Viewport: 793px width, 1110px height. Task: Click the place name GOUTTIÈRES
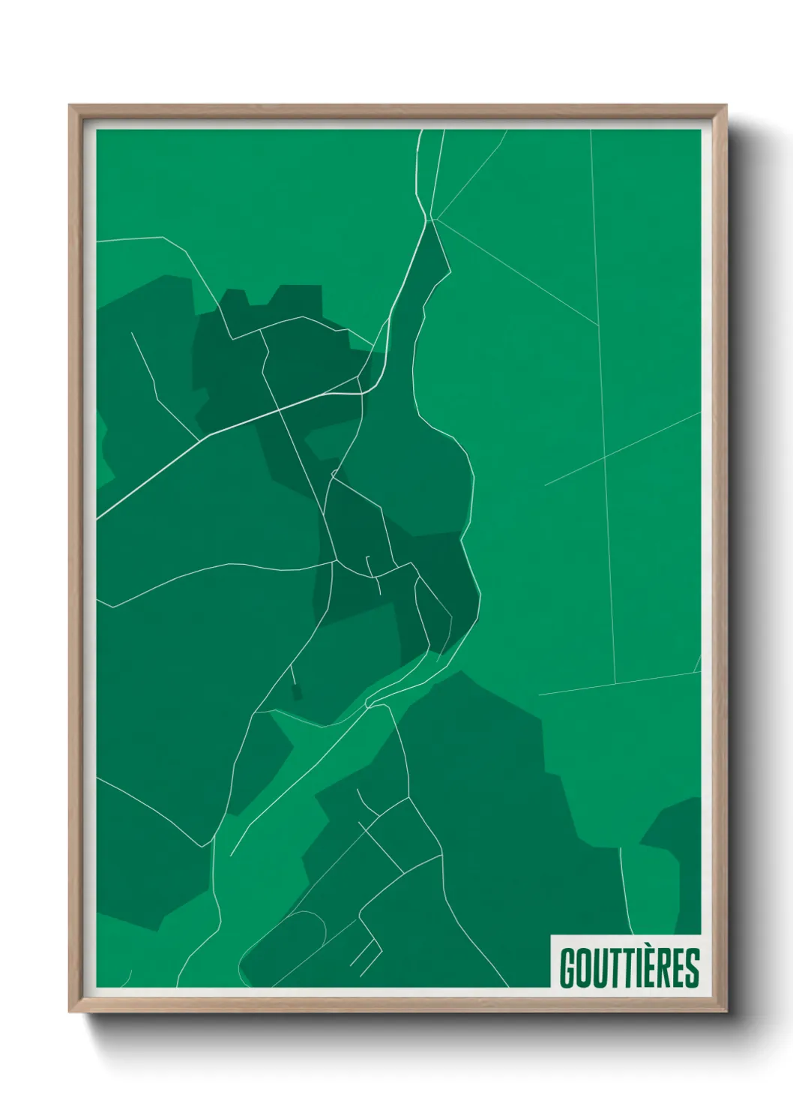pos(629,967)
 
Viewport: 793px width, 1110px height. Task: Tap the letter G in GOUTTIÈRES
pos(567,968)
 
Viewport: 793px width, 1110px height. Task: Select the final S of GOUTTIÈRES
pos(691,968)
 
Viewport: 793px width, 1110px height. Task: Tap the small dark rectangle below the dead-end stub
pos(297,691)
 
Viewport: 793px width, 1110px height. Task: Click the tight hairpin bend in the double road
pos(369,703)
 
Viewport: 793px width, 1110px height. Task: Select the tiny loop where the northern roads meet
pos(334,473)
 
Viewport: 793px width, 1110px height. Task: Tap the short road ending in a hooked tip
pos(368,566)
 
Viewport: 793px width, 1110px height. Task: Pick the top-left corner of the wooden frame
pos(71,107)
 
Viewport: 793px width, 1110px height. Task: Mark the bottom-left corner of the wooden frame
pos(71,1010)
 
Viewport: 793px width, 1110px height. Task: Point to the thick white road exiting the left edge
pos(112,506)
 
